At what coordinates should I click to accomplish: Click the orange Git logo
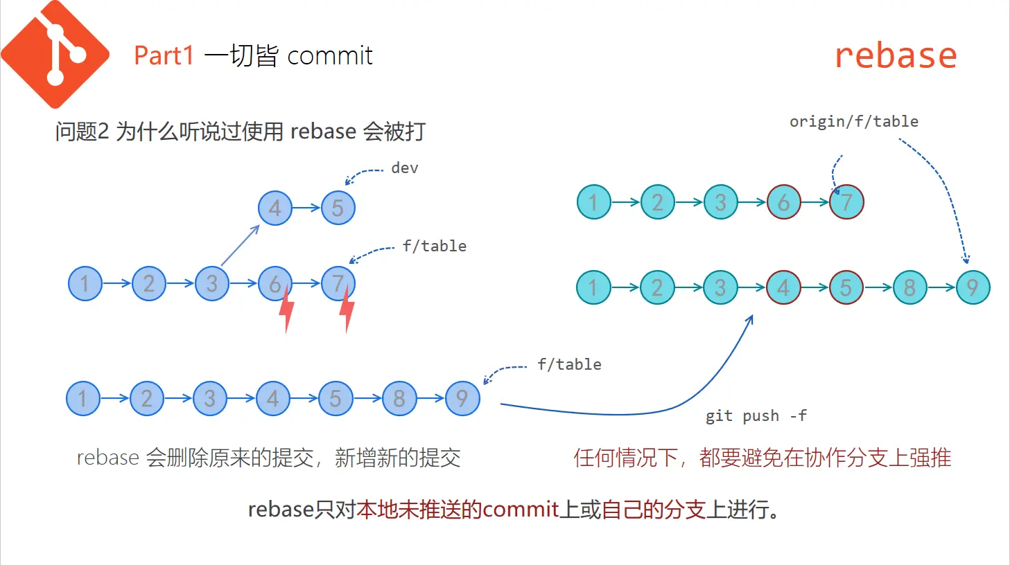click(55, 54)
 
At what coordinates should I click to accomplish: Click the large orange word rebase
click(896, 56)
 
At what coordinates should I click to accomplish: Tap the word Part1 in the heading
click(164, 56)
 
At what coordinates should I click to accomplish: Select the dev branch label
click(404, 168)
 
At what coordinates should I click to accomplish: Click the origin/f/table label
click(854, 122)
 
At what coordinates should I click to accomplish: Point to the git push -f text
click(756, 415)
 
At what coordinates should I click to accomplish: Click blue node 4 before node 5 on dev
click(275, 208)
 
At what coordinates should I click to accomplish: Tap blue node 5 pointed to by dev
click(338, 208)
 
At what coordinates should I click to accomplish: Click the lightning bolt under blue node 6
click(287, 309)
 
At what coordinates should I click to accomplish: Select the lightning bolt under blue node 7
click(347, 309)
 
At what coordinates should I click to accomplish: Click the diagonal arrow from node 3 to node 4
click(240, 245)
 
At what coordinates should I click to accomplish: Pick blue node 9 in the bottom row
click(462, 398)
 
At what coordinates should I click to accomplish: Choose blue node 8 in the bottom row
click(399, 398)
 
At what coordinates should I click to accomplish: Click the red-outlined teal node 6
click(783, 201)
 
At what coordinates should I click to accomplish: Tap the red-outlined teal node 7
click(847, 201)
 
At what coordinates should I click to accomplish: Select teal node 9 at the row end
click(973, 287)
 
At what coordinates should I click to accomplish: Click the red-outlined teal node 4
click(783, 287)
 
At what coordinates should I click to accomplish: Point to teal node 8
click(910, 287)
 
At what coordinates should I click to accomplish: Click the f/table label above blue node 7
click(435, 246)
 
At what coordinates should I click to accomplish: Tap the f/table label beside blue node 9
click(570, 364)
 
